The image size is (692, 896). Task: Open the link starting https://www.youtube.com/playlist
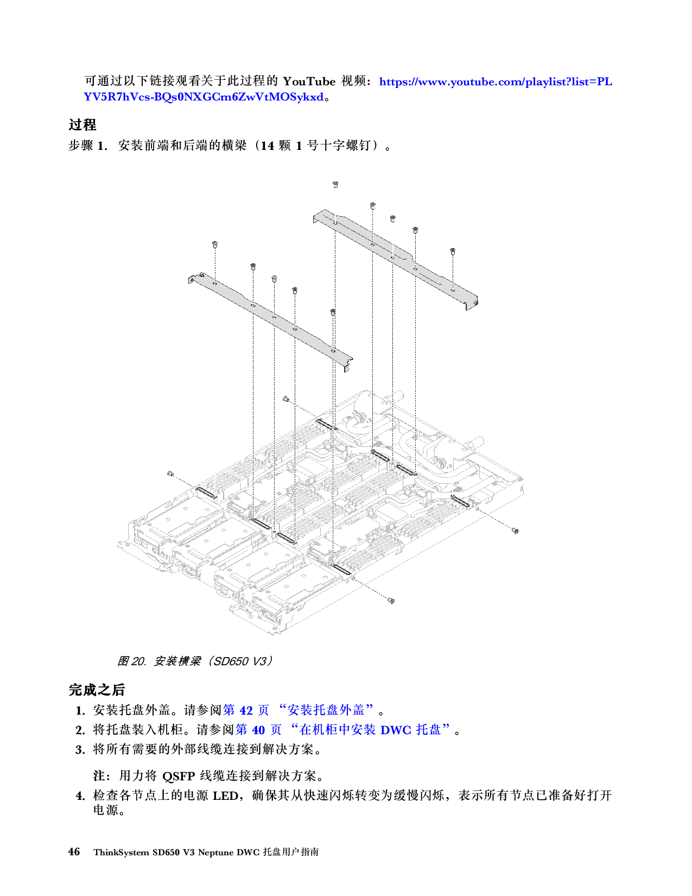pos(495,82)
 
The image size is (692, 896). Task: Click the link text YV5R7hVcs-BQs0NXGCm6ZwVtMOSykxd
pos(204,97)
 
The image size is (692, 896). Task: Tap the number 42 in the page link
pos(246,710)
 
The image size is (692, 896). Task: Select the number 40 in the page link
pos(259,730)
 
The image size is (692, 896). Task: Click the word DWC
pos(396,730)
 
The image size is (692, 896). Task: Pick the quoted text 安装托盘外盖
pos(326,710)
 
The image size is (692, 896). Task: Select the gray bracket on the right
pos(396,255)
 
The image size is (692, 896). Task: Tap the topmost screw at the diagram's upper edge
pos(336,185)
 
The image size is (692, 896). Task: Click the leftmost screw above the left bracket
pos(215,244)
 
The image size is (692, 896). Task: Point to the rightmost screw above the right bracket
pos(452,251)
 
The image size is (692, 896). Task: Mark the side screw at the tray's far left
pos(170,474)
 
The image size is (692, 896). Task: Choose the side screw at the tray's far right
pos(515,531)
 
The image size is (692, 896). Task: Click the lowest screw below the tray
pos(391,601)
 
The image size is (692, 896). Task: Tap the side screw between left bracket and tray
pos(286,400)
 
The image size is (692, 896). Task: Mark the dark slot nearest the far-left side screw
pos(206,493)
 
